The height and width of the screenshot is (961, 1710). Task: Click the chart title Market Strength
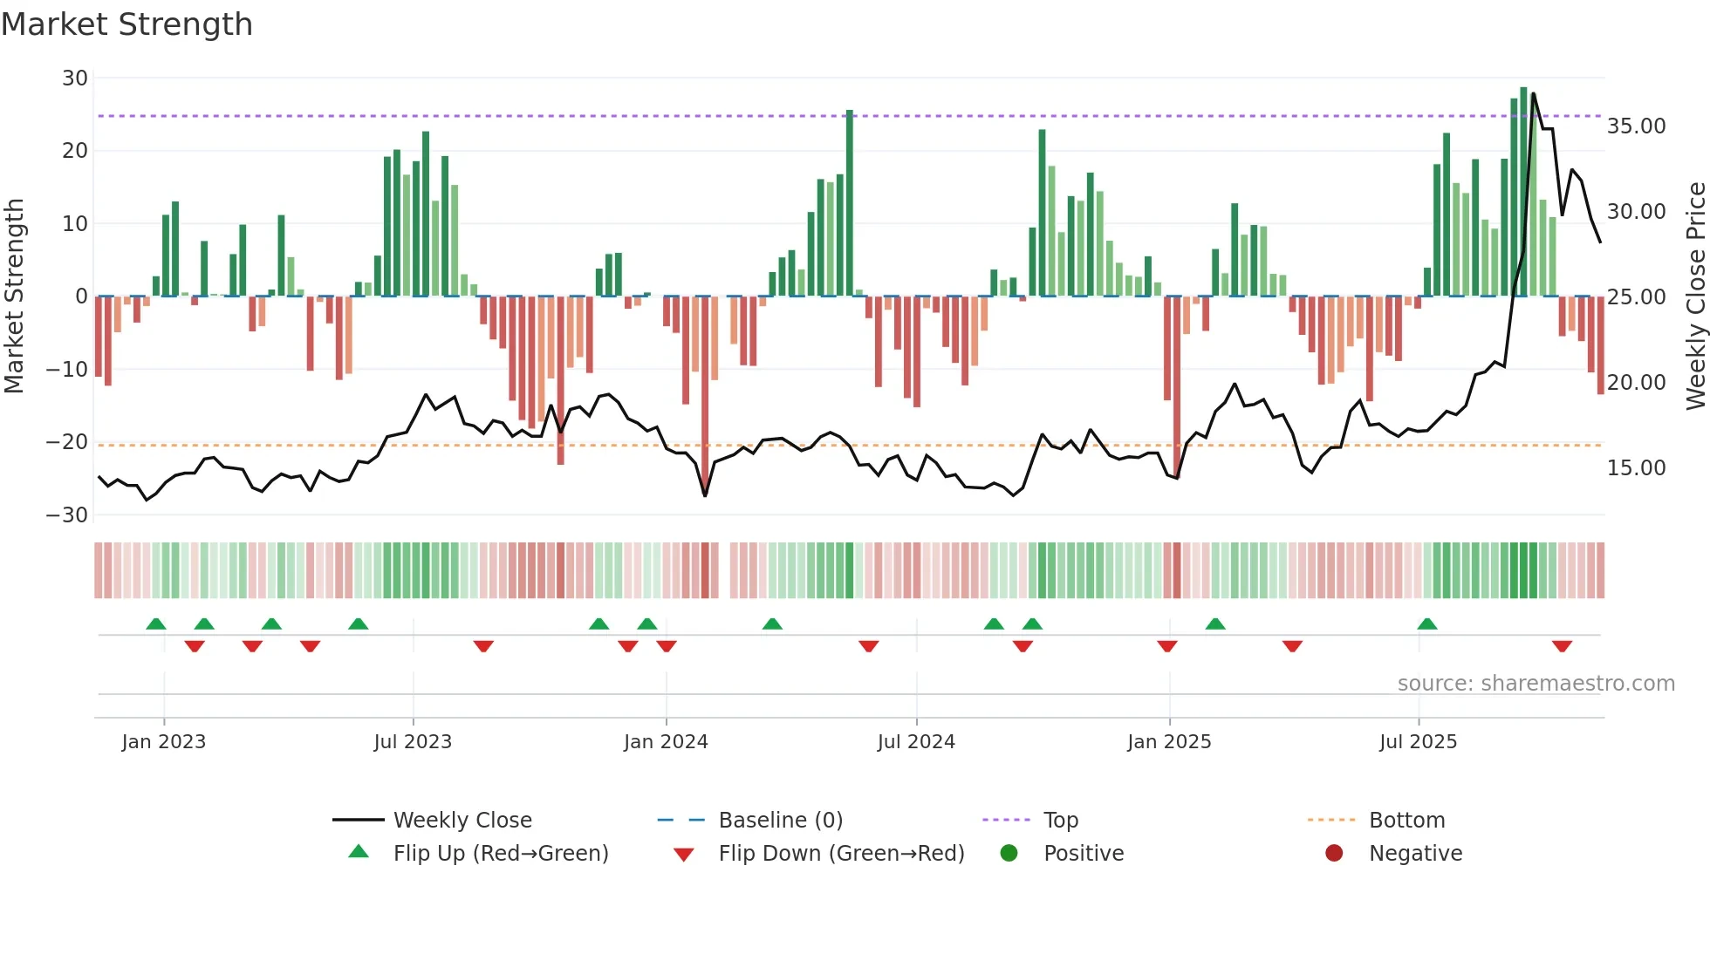[x=127, y=24]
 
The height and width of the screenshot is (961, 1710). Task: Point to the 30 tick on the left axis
[x=75, y=78]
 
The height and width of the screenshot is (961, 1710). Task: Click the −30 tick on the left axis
[x=67, y=515]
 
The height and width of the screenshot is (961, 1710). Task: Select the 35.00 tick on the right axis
[x=1636, y=126]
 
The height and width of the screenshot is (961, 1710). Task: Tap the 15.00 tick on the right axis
[x=1636, y=468]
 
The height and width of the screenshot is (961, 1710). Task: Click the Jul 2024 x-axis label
[x=916, y=742]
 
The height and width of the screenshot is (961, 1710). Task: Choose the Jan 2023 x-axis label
[x=164, y=742]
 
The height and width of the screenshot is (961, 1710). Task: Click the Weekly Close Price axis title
[x=1695, y=296]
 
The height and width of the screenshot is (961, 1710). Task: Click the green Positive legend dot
[x=1009, y=854]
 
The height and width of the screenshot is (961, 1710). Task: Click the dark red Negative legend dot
[x=1334, y=854]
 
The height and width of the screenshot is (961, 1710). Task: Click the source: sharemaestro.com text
[x=1536, y=684]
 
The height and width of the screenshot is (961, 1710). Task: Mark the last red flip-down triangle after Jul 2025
[x=1562, y=646]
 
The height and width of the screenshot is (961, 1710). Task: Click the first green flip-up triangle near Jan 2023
[x=156, y=624]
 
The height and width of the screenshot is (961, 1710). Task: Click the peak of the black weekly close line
[x=1533, y=93]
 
